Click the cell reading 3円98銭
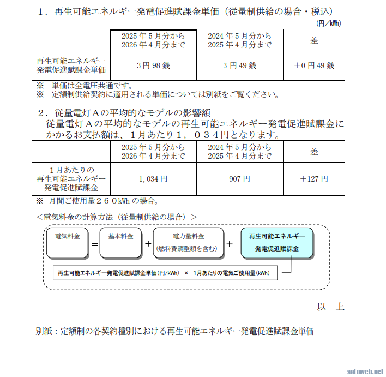pos(153,65)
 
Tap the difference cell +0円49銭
pos(313,65)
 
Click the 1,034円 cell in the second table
pos(153,178)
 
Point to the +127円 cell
pos(313,178)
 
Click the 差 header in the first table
pos(313,40)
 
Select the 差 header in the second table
pos(313,151)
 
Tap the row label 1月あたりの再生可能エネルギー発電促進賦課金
pos(71,178)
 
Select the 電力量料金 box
pos(188,243)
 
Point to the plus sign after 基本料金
pos(148,243)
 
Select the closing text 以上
pos(330,306)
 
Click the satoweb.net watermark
pos(365,370)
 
